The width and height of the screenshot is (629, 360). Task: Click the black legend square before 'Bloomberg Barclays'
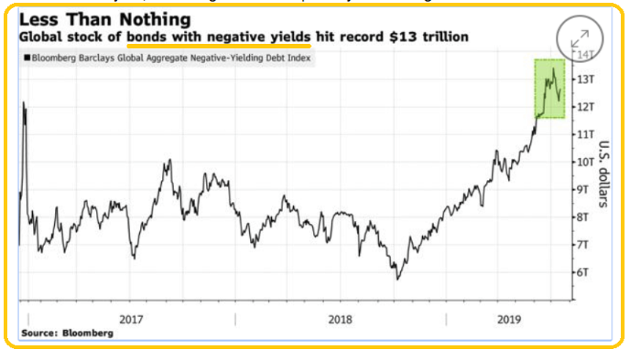tap(27, 58)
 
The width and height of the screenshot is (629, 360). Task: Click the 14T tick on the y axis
tap(585, 55)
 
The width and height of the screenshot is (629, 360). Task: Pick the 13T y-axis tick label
tap(583, 79)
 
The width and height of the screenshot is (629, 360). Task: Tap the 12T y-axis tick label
tap(583, 107)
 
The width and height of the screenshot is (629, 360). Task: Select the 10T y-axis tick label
tap(583, 162)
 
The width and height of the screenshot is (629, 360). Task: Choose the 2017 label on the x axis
tap(131, 320)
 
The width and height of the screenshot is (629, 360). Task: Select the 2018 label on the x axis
tap(340, 320)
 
